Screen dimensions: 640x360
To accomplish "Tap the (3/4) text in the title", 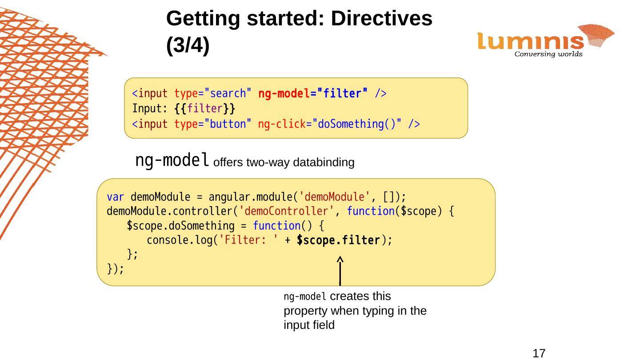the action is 188,45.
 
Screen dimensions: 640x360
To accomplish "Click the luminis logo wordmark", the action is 530,42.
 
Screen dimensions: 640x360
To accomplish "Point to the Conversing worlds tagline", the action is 548,55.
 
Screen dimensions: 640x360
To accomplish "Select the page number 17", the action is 539,353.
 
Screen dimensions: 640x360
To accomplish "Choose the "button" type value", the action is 228,124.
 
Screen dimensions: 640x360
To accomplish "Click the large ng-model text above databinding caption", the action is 172,160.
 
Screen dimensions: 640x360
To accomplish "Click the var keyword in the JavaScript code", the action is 116,196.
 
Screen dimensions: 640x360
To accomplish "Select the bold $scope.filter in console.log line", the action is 338,240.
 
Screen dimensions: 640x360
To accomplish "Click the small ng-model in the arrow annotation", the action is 305,296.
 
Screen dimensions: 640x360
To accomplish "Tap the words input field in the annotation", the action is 309,325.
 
